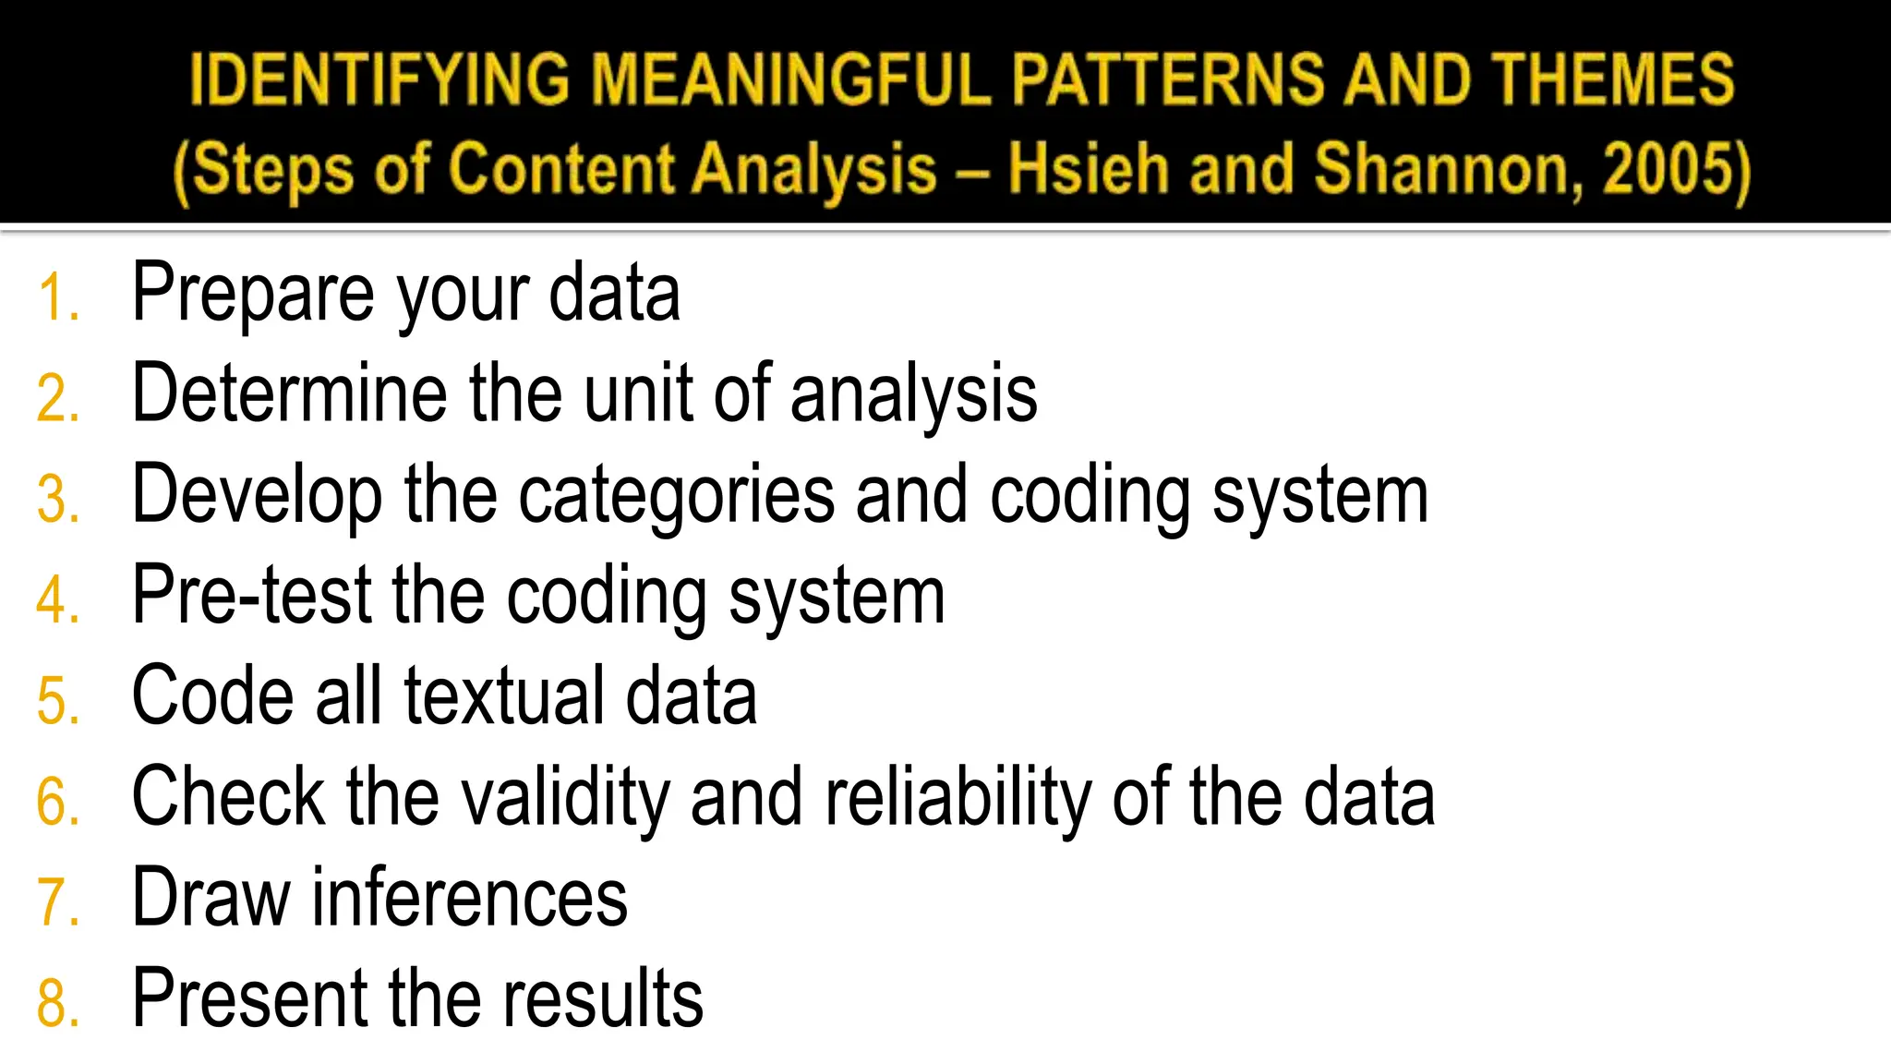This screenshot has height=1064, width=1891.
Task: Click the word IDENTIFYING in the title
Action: [379, 80]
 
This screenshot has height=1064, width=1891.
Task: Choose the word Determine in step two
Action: [289, 394]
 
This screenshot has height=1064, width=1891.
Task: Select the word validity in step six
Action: [565, 798]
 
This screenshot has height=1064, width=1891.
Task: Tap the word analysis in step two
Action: [913, 396]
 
